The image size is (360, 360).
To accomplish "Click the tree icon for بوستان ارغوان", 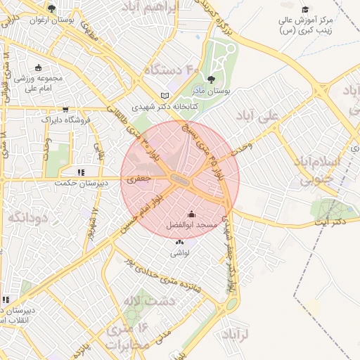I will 51,8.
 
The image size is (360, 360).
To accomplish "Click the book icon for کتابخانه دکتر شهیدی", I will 165,95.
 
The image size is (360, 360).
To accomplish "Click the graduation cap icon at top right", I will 305,8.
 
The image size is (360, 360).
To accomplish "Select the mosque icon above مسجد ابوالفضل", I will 191,214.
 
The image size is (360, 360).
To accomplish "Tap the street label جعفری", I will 139,180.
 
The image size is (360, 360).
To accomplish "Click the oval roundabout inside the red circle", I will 181,181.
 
